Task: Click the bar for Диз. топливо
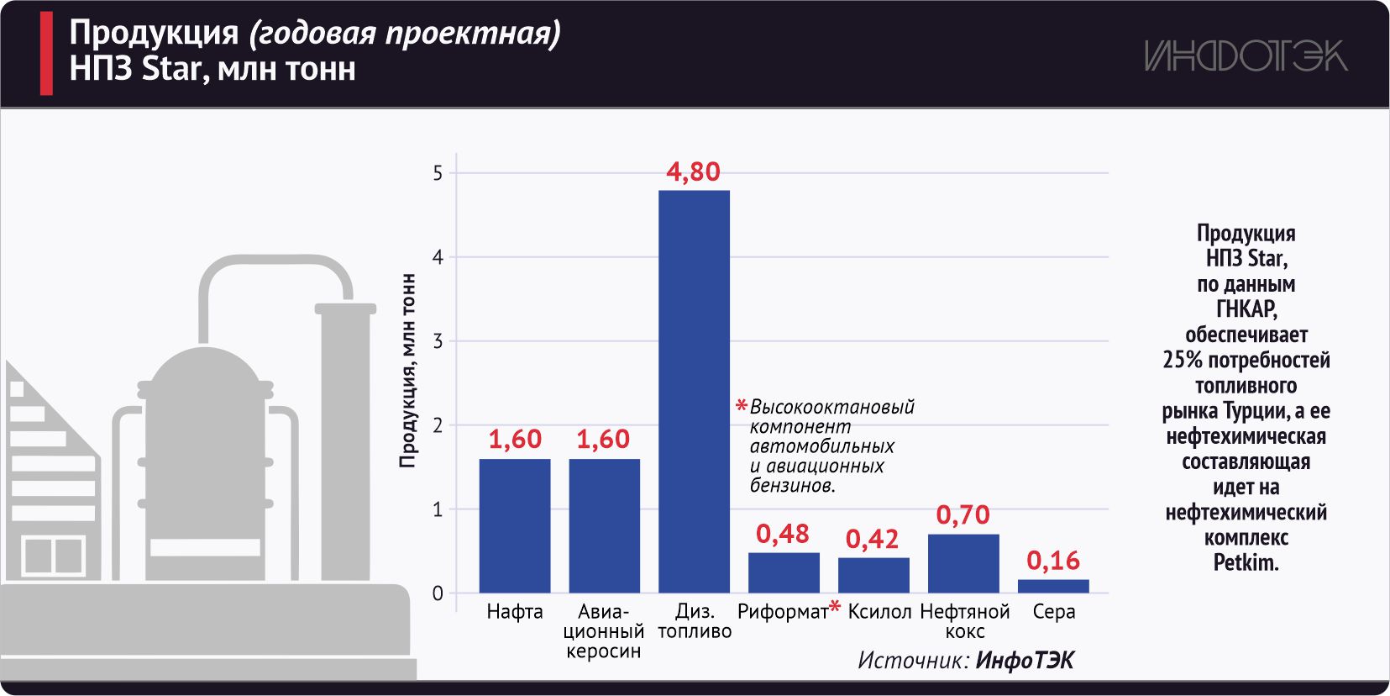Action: pos(694,391)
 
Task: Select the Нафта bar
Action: pos(515,525)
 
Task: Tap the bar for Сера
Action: pos(1053,586)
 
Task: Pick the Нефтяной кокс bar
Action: pos(963,563)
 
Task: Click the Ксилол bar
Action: pos(873,575)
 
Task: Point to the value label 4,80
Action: pos(693,171)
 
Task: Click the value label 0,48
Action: pos(782,534)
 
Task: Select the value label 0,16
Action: pos(1053,561)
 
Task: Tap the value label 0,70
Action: pos(963,514)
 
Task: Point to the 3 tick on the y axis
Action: pos(438,341)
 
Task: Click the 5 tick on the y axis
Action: pos(438,173)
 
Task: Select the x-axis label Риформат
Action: pos(782,612)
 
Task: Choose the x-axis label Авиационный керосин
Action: pos(603,631)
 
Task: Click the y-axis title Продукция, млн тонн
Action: pos(408,370)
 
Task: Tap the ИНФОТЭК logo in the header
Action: pos(1246,56)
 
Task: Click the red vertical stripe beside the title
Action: pos(46,53)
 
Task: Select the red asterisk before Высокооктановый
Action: pos(741,407)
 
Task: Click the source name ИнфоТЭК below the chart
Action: pos(1025,661)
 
